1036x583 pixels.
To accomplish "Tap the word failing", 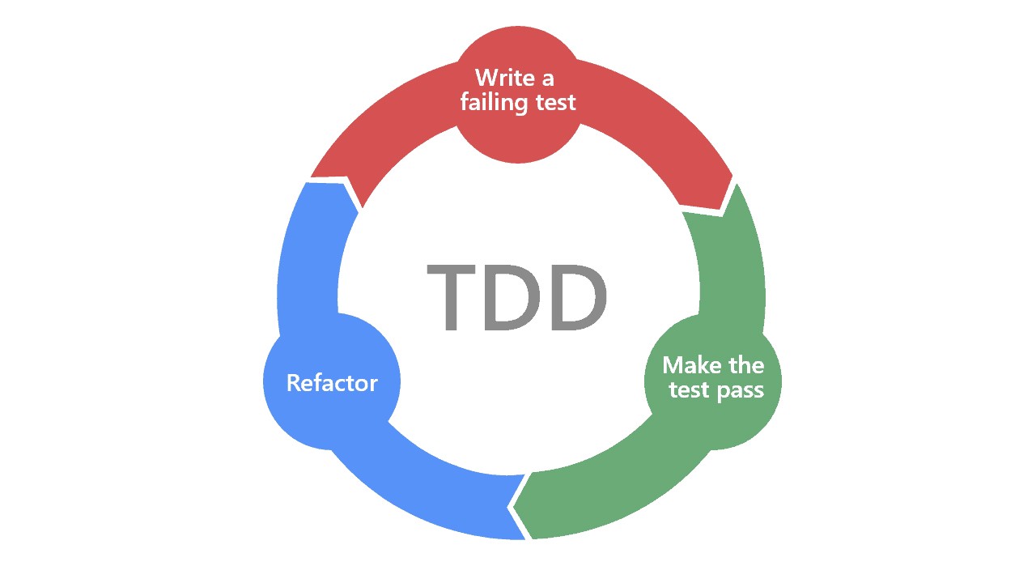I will [494, 103].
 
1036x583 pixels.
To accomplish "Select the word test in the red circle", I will [555, 103].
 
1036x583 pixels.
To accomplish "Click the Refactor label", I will [332, 382].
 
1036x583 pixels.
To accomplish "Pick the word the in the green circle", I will [745, 365].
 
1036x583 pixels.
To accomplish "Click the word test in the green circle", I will [689, 390].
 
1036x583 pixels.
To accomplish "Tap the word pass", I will [740, 391].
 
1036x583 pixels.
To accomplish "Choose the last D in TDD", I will [577, 297].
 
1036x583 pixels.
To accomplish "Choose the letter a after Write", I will [546, 78].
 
